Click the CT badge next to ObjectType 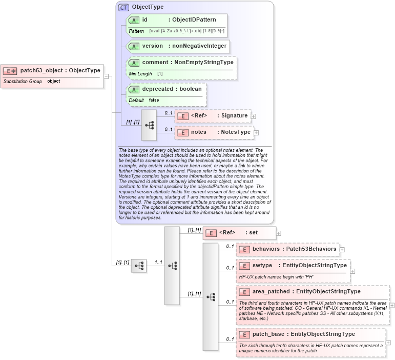(x=123, y=7)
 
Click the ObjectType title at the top (x=148, y=7)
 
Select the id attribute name (x=145, y=20)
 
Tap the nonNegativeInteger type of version (x=199, y=46)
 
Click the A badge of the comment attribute (x=134, y=63)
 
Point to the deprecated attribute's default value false (x=154, y=100)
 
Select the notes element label (x=198, y=132)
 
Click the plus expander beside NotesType (x=256, y=133)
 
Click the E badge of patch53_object (x=10, y=71)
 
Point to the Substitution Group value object (x=53, y=81)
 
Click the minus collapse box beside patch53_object (x=107, y=76)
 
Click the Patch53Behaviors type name (x=311, y=249)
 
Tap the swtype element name (x=262, y=266)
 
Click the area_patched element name (x=271, y=292)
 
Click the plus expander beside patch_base (x=388, y=343)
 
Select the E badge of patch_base (x=244, y=334)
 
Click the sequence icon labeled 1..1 (x=172, y=266)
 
